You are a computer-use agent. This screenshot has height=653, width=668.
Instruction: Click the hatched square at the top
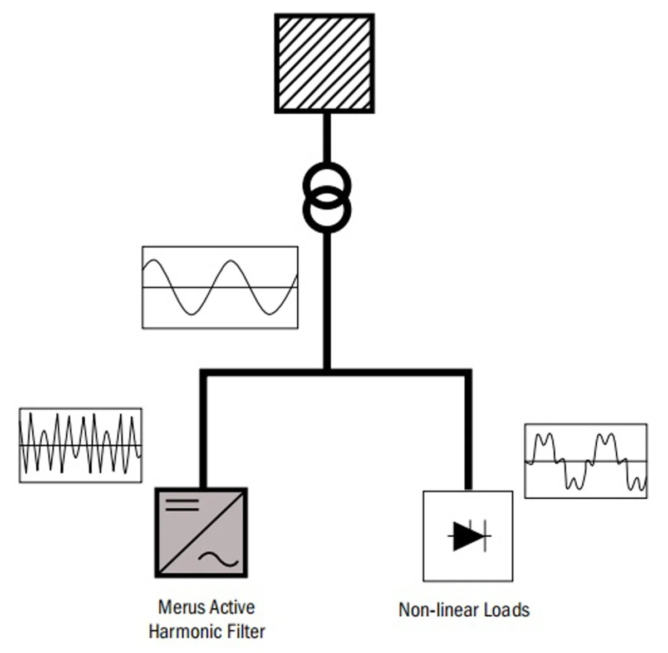tap(325, 63)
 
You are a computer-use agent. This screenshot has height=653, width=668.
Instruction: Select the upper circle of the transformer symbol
tap(327, 164)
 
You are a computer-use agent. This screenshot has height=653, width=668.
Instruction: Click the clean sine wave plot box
tap(220, 287)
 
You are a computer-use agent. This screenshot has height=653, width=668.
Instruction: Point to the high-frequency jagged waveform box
tap(80, 445)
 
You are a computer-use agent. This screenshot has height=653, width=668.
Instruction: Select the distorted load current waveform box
tap(586, 461)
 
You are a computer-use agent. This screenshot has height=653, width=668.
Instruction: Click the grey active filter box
tap(202, 533)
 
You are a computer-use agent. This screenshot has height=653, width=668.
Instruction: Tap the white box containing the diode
tap(468, 536)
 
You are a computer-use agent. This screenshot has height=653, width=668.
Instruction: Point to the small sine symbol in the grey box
tap(218, 559)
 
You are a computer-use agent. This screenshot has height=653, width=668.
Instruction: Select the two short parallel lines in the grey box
tap(182, 505)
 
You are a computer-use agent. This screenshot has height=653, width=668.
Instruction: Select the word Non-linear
tap(438, 610)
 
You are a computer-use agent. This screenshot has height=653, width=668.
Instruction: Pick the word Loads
tap(507, 610)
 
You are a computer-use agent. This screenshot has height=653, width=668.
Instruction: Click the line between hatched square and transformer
tap(327, 138)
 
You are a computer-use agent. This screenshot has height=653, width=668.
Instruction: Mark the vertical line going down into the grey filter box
tap(203, 431)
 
